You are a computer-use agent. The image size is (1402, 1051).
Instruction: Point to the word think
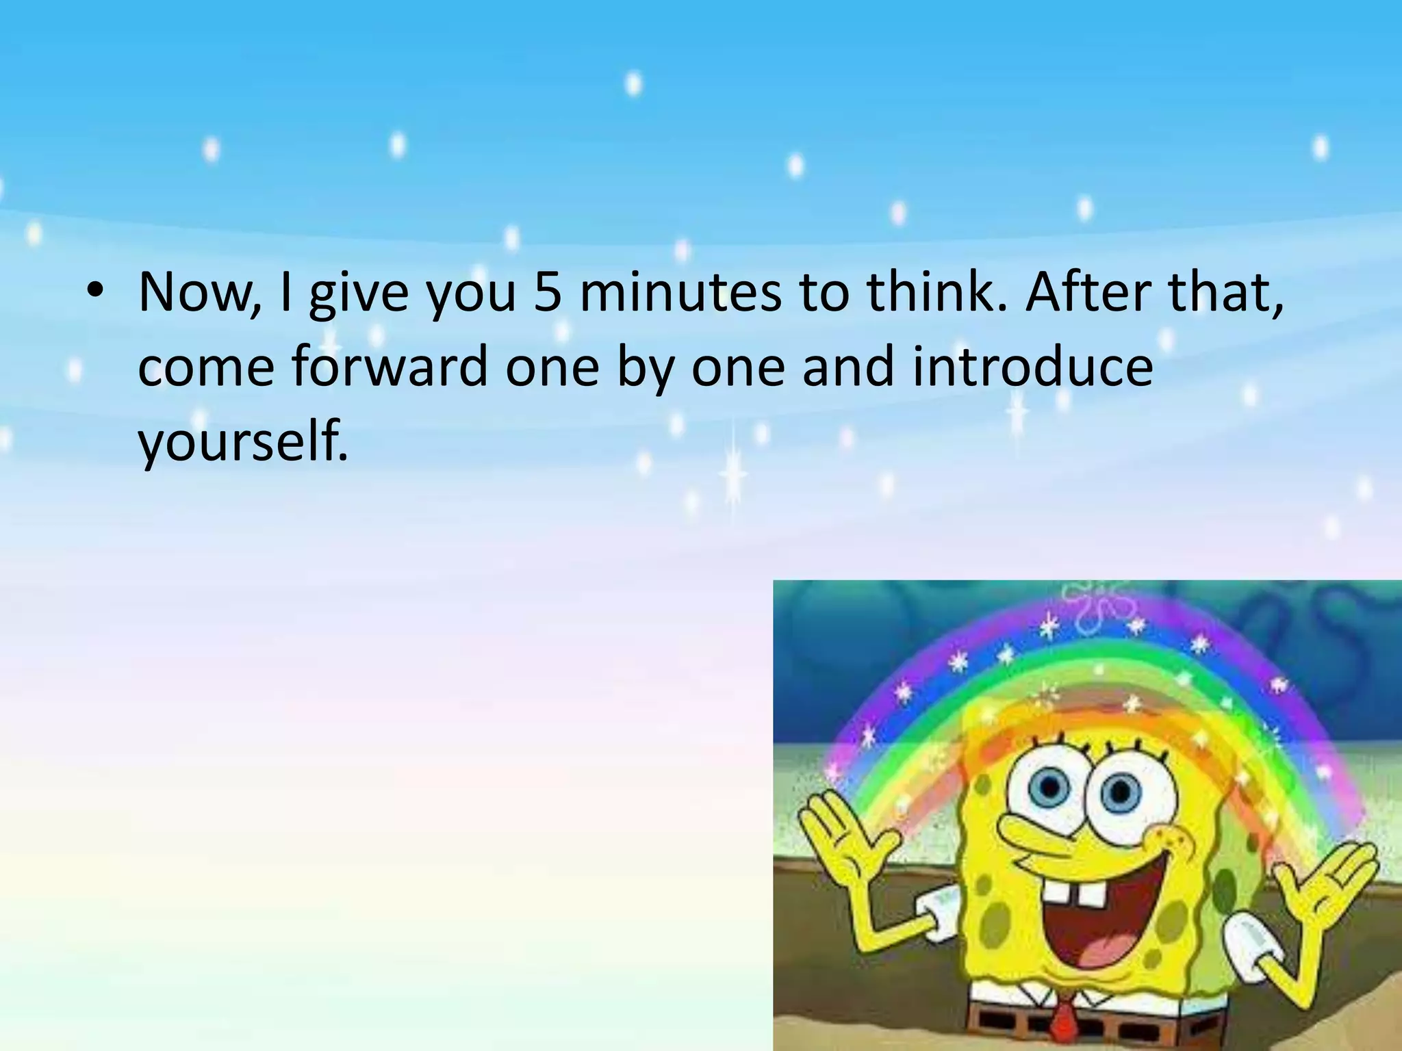(936, 293)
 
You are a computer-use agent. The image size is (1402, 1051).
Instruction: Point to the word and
(847, 367)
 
